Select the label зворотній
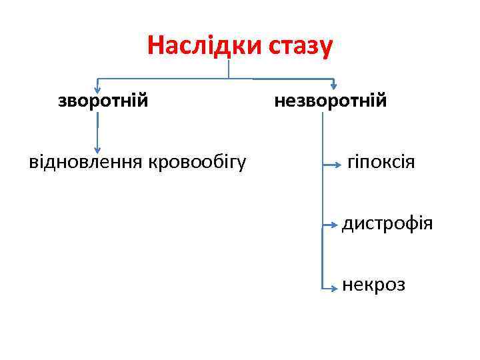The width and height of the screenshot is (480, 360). tap(103, 101)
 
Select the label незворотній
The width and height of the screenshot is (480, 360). tap(331, 101)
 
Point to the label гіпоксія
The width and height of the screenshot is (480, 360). tap(381, 162)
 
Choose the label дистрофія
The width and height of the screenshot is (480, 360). tap(387, 224)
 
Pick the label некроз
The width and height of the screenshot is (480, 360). tap(373, 285)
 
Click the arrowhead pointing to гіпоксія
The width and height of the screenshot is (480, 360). tap(337, 163)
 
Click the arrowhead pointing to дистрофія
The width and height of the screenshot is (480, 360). tap(335, 225)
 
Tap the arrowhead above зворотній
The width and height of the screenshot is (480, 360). tap(98, 87)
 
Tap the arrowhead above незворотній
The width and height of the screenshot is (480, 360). tap(334, 86)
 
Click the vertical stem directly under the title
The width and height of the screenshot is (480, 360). tap(229, 69)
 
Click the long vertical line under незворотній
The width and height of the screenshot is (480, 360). tap(322, 200)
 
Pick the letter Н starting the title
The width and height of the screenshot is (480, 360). tap(155, 46)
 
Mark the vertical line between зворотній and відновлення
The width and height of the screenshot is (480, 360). tap(98, 127)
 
